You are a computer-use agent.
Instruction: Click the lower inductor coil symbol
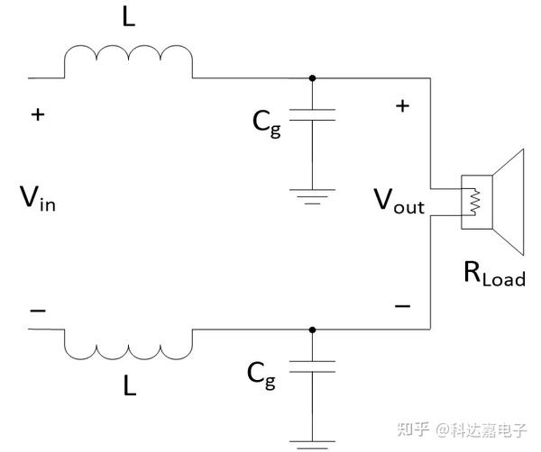click(128, 342)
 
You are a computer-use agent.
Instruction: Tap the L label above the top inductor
click(129, 19)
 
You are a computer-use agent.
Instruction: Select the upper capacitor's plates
click(312, 114)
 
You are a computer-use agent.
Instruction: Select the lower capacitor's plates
click(312, 366)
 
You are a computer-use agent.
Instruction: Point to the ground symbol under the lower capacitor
click(312, 444)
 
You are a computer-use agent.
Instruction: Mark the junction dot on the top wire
click(312, 77)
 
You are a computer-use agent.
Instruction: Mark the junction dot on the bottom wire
click(312, 330)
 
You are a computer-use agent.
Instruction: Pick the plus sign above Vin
click(37, 114)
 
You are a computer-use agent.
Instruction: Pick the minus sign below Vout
click(402, 306)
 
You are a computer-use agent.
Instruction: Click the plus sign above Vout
click(402, 105)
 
